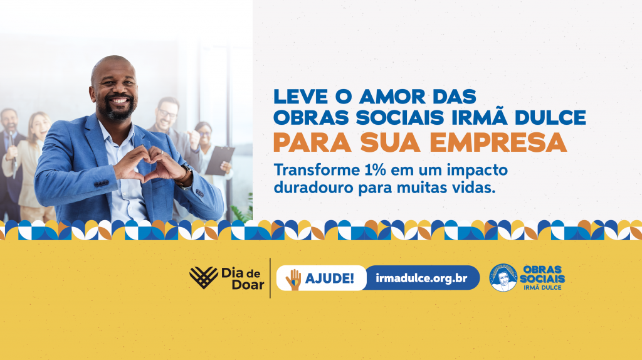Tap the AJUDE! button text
click(x=330, y=278)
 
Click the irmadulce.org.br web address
click(x=421, y=278)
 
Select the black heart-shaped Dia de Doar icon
click(x=204, y=277)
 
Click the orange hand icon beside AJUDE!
click(x=293, y=279)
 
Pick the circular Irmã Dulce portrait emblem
click(x=503, y=277)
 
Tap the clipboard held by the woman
click(x=219, y=161)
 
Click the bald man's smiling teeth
click(x=120, y=101)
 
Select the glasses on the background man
click(x=167, y=113)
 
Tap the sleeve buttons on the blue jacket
click(x=101, y=184)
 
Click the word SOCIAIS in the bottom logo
click(x=542, y=278)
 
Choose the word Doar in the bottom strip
click(x=248, y=284)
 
